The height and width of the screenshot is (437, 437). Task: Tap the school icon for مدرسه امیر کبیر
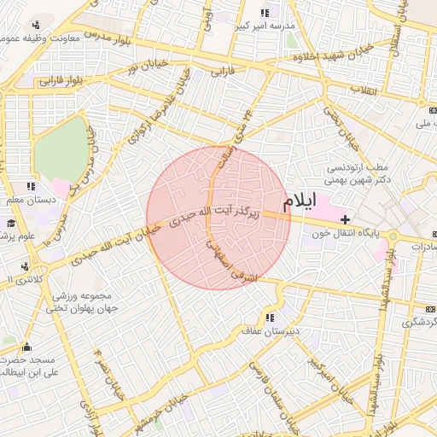point(265,13)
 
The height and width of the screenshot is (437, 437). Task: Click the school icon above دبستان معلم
point(32,186)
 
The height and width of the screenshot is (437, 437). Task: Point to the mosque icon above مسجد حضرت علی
point(26,347)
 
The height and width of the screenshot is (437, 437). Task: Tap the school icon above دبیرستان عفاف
point(271,317)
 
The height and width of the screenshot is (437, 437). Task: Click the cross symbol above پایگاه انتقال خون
point(345,220)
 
